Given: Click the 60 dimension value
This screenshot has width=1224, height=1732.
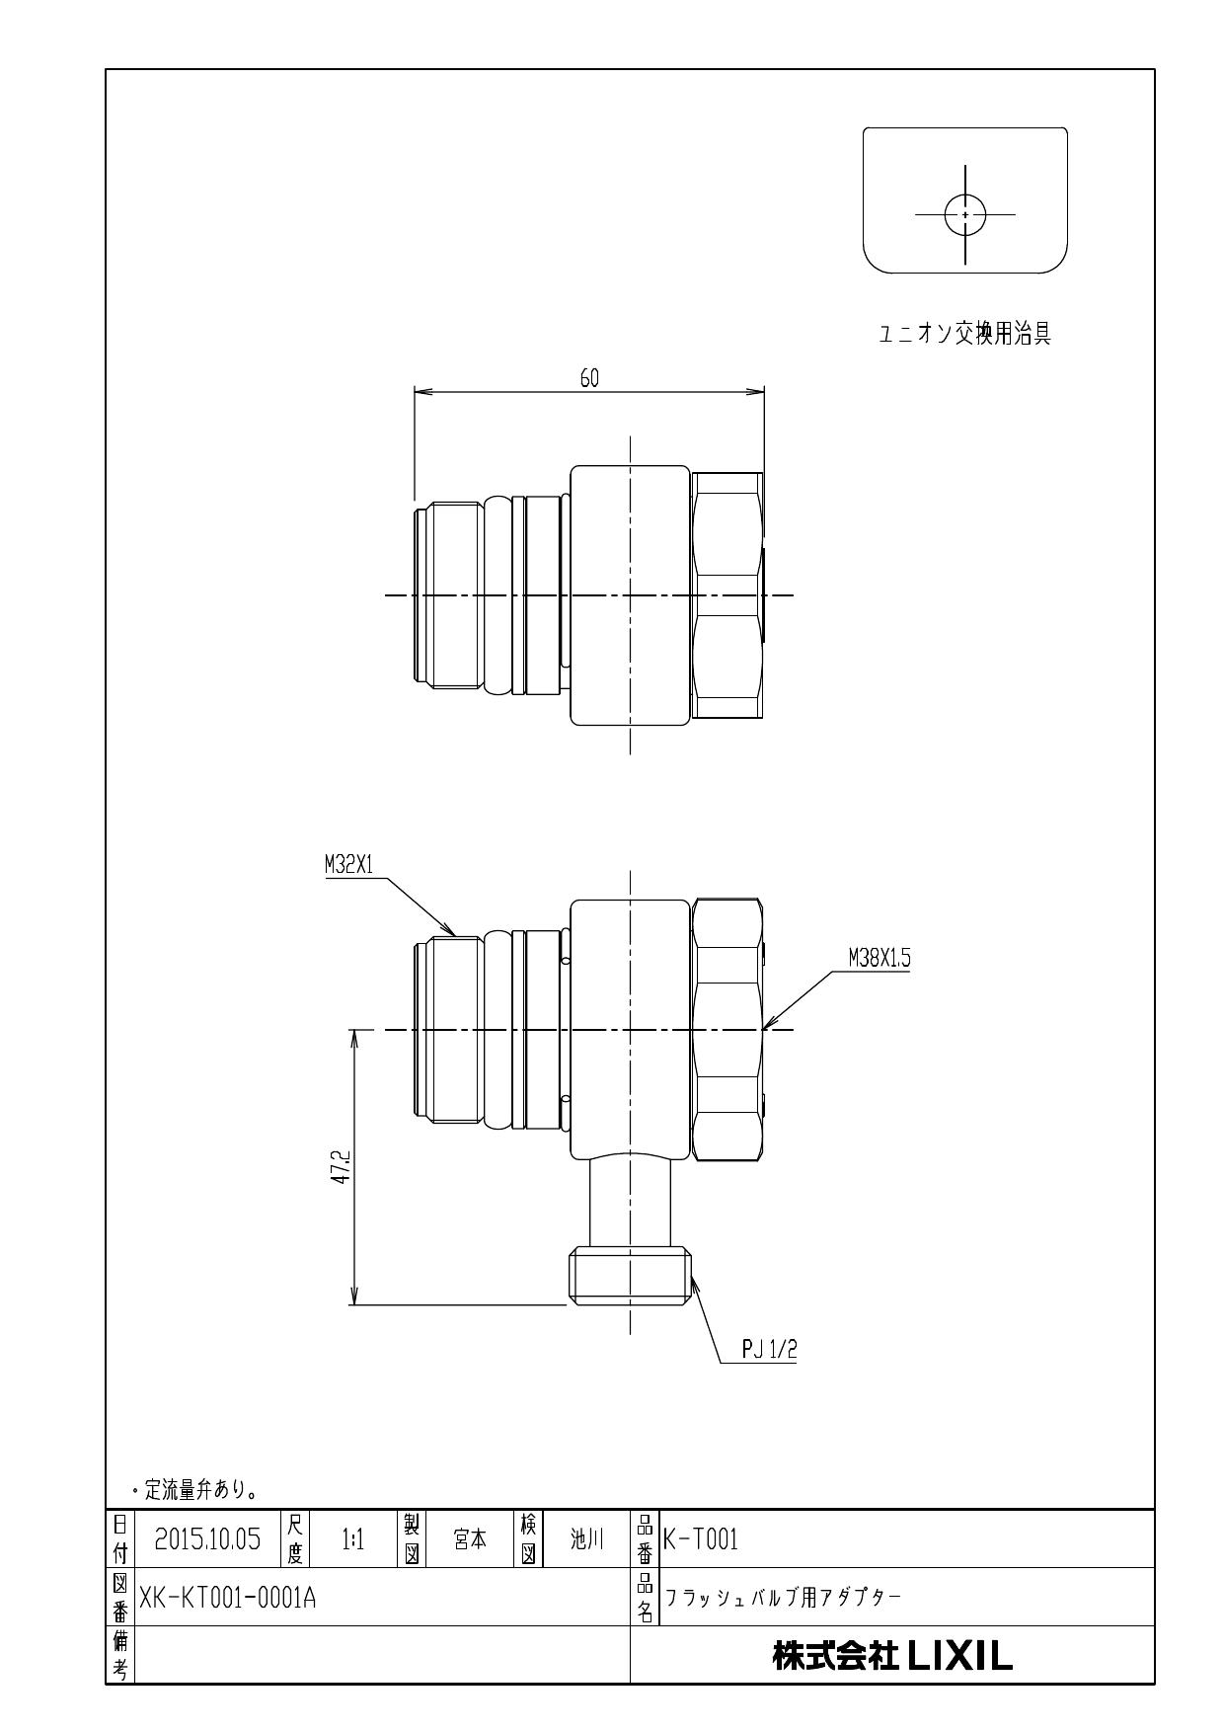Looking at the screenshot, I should click(589, 378).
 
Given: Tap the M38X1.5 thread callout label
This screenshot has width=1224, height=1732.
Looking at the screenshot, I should click(879, 958).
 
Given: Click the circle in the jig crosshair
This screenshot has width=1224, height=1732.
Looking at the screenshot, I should click(965, 214).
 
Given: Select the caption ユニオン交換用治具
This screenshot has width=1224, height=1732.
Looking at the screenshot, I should click(964, 335).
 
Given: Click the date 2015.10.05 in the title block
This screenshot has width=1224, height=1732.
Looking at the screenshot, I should click(207, 1538).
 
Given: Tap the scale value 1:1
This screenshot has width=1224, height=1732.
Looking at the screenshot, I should click(352, 1538).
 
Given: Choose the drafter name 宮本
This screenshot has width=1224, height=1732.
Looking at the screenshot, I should click(470, 1538).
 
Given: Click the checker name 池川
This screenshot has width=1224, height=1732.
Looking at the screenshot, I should click(586, 1538).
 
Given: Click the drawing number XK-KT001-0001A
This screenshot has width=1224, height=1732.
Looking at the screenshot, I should click(227, 1597).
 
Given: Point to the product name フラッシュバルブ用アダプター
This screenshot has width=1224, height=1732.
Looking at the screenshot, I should click(783, 1597).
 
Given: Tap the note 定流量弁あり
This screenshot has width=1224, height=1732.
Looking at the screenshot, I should click(195, 1488).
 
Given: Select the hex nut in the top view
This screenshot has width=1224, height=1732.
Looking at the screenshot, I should click(728, 595).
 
